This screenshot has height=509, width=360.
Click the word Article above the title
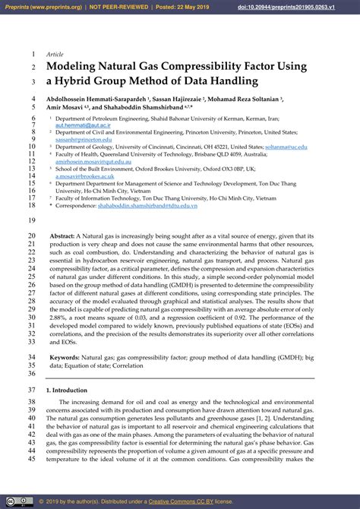click(55, 55)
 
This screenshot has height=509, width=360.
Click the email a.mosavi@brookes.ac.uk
click(84, 175)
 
